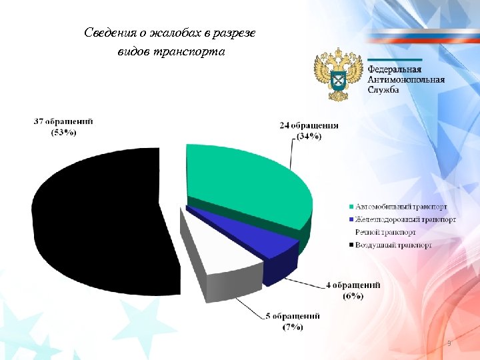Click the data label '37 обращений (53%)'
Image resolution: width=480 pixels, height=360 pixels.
63,127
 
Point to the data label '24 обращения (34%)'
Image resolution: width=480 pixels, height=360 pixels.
309,131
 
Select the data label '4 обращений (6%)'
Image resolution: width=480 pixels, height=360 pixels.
353,290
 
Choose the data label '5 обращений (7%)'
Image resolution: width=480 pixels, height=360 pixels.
293,321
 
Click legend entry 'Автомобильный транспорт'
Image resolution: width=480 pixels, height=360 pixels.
401,207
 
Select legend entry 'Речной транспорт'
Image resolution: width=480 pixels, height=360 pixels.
385,232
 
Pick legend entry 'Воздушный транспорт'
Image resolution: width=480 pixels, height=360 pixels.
393,245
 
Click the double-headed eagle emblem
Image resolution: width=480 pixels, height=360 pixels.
338,73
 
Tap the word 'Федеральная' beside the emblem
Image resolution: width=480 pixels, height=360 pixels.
395,70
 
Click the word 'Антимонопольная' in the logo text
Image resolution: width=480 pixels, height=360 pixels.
406,80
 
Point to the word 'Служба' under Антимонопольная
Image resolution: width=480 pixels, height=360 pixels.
383,90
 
